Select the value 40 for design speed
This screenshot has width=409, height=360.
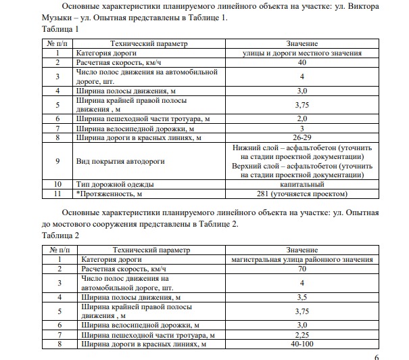point(302,62)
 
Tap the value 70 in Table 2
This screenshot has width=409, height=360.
point(302,269)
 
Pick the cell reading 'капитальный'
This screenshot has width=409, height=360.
point(302,183)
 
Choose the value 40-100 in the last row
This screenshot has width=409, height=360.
point(302,344)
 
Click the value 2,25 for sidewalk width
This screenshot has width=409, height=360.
point(302,335)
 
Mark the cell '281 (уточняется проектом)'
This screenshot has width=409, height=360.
point(302,194)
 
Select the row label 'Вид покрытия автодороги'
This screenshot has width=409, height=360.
point(120,161)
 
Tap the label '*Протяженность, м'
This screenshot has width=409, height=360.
point(111,194)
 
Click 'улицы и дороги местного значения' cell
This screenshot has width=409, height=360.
point(302,53)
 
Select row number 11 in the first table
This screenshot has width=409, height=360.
point(58,194)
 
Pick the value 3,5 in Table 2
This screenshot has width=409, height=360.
point(302,297)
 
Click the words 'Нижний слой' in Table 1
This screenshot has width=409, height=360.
point(253,147)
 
